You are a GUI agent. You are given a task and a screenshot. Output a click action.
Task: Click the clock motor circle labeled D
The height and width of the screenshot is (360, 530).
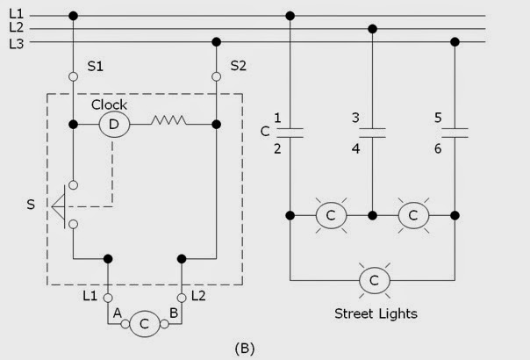[x=113, y=125]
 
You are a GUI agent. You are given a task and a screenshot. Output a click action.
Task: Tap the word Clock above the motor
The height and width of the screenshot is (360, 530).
[x=110, y=104]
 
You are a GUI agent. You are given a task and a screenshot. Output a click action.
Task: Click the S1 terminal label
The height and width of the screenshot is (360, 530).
[x=97, y=66]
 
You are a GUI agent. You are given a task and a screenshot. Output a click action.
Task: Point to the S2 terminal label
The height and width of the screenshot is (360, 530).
[x=238, y=66]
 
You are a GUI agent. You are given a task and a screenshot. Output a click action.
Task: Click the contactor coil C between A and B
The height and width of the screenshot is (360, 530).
[x=146, y=324]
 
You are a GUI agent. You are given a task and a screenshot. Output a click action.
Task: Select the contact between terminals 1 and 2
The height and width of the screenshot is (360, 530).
[x=290, y=133]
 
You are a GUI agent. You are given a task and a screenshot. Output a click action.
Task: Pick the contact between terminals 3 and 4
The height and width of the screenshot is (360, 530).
[x=373, y=133]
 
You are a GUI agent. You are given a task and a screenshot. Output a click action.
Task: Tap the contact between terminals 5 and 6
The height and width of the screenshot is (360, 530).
[x=455, y=133]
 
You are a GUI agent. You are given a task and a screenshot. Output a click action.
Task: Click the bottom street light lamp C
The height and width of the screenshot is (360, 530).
[x=373, y=281]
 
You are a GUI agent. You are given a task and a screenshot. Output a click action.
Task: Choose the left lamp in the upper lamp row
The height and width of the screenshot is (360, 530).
[x=331, y=215]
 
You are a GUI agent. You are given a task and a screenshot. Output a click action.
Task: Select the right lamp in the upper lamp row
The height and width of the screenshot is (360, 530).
[x=413, y=215]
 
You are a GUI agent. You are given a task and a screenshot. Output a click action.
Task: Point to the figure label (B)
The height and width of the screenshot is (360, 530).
[x=245, y=348]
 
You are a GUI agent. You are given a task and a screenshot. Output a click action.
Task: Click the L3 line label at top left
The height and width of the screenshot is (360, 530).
[x=16, y=42]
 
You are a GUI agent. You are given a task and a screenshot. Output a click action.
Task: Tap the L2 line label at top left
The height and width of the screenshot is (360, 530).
[x=16, y=28]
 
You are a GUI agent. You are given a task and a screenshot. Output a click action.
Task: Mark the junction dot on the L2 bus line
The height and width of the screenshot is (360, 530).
[x=373, y=28]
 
